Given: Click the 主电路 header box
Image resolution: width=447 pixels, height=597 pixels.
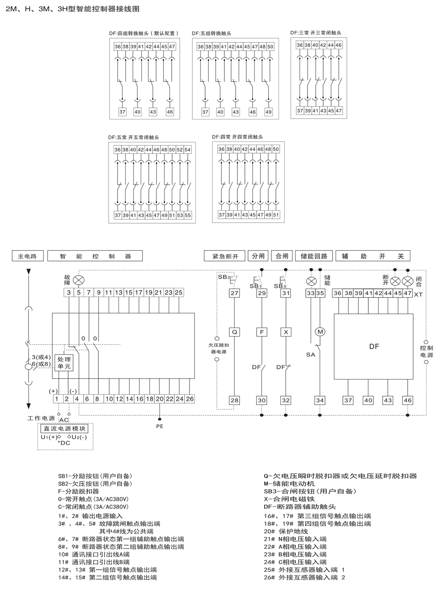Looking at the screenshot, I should point(28,256).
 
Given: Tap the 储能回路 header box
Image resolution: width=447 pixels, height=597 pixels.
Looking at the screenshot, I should point(314,256).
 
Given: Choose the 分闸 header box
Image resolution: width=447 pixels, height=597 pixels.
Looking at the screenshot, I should point(258,256).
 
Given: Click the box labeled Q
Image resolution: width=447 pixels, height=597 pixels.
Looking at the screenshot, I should point(235,332).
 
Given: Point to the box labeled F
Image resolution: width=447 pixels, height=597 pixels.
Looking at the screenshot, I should point(261,332).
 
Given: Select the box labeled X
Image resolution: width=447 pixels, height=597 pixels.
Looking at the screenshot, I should point(286,332).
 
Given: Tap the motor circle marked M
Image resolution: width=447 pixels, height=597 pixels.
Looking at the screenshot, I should point(320,332).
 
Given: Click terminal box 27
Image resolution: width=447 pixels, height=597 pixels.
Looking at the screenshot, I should point(235,293).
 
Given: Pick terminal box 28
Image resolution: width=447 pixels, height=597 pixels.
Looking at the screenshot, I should point(235,400).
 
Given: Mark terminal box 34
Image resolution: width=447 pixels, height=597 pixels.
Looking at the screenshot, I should point(320,400).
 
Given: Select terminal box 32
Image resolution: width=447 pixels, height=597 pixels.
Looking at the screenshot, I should point(286,400).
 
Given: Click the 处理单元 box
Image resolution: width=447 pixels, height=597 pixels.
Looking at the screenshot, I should point(64,362).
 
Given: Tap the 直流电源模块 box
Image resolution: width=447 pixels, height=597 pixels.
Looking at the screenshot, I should point(65,429).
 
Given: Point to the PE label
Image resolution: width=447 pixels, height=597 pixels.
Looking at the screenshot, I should point(160,426).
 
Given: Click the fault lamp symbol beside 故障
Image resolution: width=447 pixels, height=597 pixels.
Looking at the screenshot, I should point(79,280).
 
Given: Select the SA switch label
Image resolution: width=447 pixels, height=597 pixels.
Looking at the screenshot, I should point(310,354).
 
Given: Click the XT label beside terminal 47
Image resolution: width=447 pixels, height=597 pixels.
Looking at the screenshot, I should point(418,294).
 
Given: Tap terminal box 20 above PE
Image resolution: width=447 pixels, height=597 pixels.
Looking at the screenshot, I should point(159,399).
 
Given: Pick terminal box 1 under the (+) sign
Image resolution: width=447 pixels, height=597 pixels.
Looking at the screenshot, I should point(56,399).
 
